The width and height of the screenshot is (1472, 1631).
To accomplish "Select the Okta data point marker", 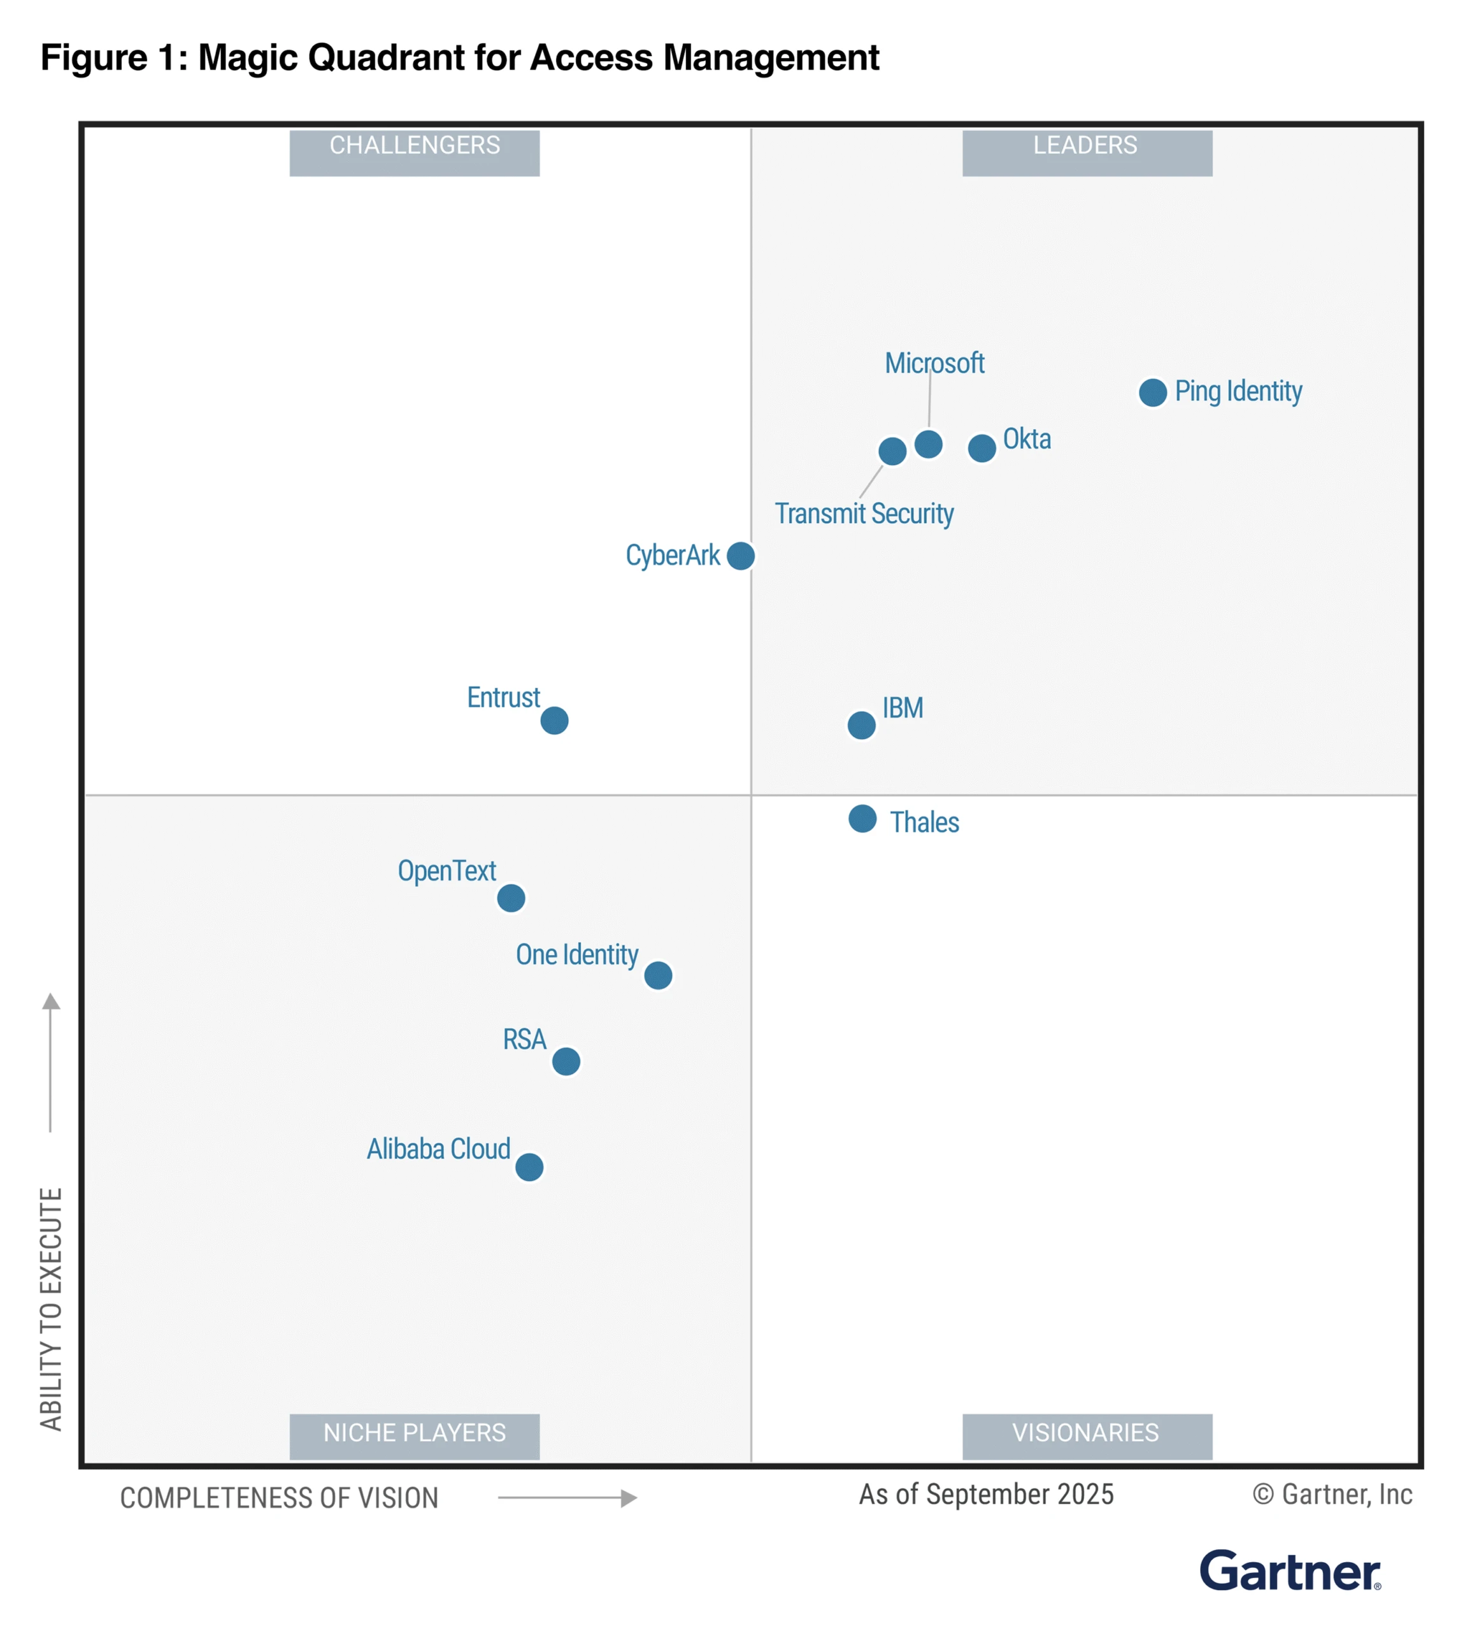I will pos(982,447).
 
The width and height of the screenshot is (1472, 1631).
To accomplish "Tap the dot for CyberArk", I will pos(741,556).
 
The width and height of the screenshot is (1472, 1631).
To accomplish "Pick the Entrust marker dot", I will pos(554,720).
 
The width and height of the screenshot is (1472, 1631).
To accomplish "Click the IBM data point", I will pos(861,725).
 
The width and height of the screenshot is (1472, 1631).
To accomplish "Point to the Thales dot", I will pos(862,819).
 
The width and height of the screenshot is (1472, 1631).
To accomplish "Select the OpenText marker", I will pos(511,898).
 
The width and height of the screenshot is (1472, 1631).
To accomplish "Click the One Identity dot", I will pos(659,975).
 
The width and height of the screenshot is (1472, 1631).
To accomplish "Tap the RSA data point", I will pos(566,1061).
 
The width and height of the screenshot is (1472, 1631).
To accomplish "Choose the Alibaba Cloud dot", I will pos(530,1167).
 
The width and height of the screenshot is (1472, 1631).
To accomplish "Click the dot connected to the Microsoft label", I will pos(929,444).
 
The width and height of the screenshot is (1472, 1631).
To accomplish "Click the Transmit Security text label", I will pos(864,514).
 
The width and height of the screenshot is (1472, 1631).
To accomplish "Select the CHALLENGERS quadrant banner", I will pos(414,152).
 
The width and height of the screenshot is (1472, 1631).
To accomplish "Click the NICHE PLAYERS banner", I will pos(414,1437).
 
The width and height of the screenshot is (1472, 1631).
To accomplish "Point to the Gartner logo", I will pos(1289,1572).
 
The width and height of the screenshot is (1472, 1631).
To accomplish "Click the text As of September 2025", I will pos(986,1494).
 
